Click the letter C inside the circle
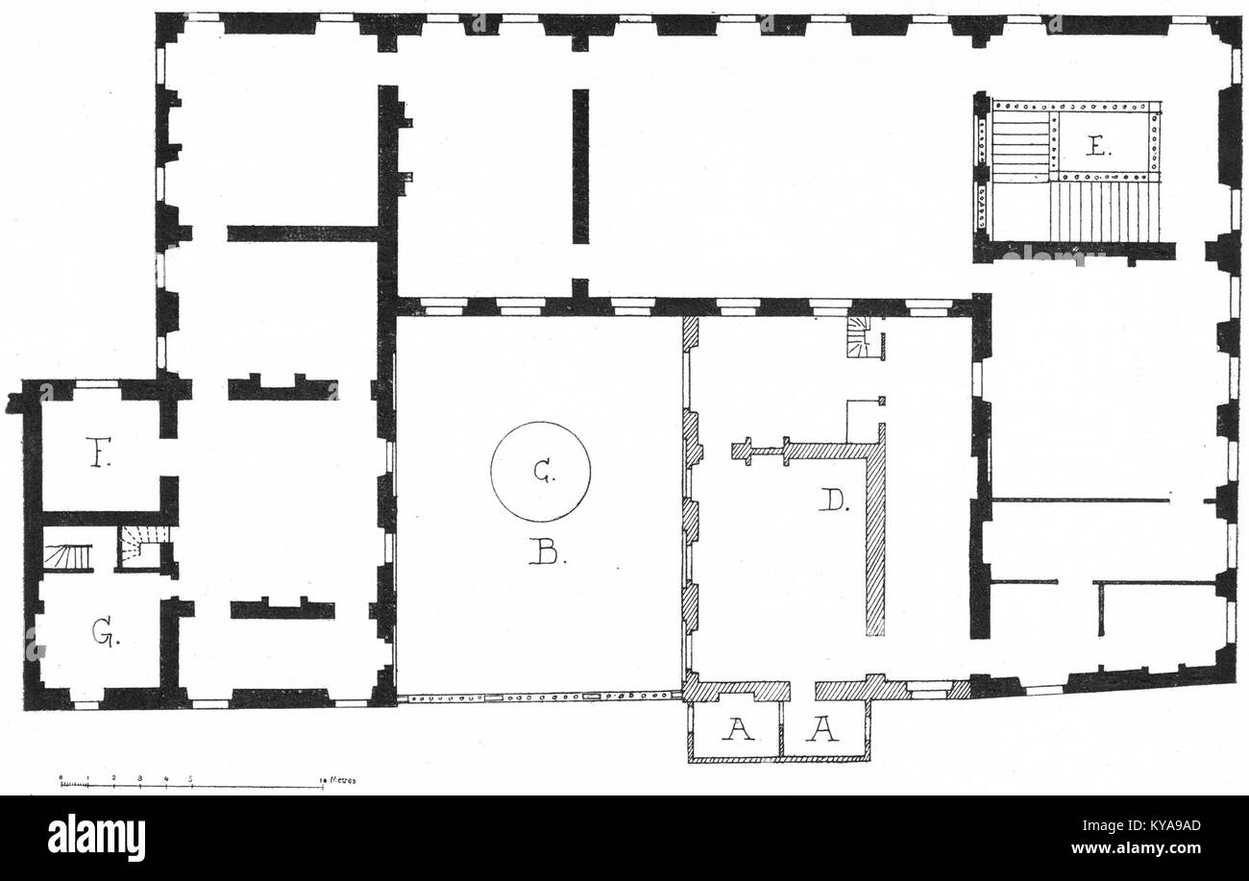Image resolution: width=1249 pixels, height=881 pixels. tap(541, 471)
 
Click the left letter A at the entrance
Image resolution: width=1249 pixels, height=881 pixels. tap(738, 733)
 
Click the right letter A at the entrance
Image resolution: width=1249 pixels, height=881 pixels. tap(825, 733)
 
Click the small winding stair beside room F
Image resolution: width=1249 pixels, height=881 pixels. tap(141, 549)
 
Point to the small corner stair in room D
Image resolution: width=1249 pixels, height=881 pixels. tap(858, 338)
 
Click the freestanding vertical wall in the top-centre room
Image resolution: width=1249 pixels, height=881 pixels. tap(580, 165)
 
